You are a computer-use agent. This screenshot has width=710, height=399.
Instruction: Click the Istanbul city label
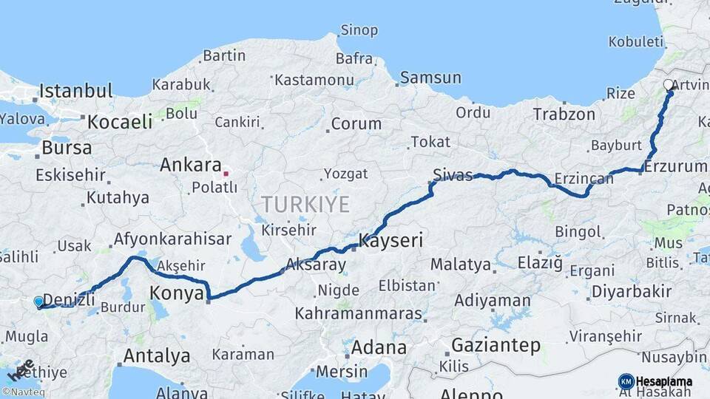point(75,92)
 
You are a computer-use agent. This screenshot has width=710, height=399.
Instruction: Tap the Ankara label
point(190,165)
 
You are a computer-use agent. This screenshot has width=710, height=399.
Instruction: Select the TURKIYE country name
point(305,205)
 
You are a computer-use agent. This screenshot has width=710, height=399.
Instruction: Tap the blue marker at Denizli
point(38,301)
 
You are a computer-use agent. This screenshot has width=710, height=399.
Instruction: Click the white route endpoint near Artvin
point(669,85)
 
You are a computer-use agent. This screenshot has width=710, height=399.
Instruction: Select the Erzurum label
point(675,167)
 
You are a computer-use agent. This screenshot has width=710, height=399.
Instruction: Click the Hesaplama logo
point(655,381)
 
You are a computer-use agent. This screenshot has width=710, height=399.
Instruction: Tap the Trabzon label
point(564,115)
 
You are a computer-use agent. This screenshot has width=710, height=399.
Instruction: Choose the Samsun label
point(430,78)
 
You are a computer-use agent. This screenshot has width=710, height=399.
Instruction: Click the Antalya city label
point(156,355)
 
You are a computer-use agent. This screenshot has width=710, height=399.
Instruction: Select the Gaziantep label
point(496,345)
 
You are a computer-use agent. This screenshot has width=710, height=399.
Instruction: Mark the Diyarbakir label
point(631,291)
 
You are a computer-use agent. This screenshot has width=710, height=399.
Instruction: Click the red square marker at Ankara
point(226,174)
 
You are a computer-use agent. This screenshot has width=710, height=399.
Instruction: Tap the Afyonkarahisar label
point(172,239)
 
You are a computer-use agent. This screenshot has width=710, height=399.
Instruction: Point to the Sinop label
point(359,30)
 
